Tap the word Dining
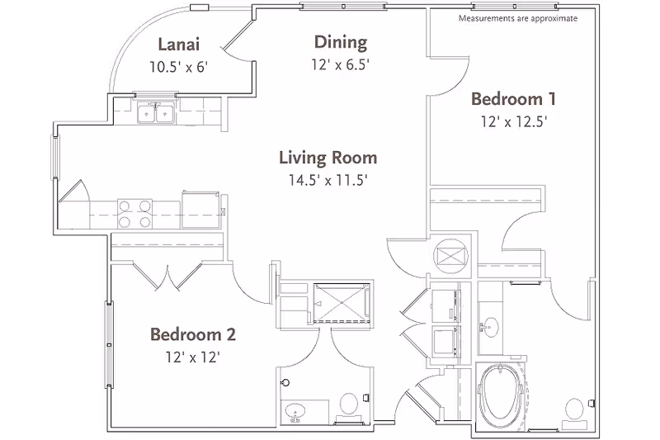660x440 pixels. pyautogui.click(x=340, y=41)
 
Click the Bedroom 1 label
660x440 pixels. pyautogui.click(x=512, y=99)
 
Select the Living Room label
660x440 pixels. pyautogui.click(x=328, y=157)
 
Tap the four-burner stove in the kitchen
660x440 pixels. pyautogui.click(x=134, y=214)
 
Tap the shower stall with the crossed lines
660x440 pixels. pyautogui.click(x=337, y=300)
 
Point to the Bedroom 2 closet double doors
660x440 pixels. pyautogui.click(x=168, y=274)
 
